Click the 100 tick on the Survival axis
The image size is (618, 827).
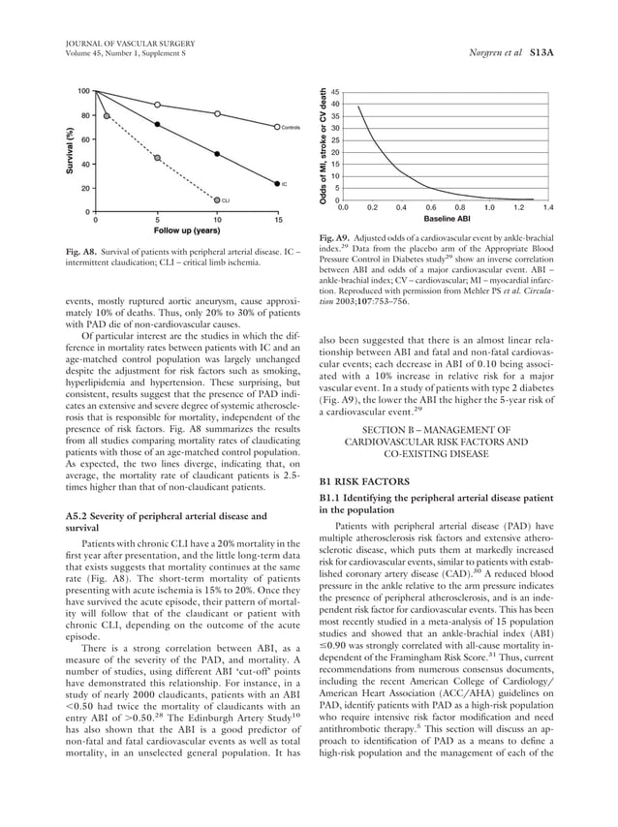tap(84, 91)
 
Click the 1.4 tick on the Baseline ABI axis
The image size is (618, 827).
tap(547, 207)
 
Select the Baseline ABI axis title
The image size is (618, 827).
tap(447, 220)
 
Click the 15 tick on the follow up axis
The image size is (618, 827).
tap(278, 219)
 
